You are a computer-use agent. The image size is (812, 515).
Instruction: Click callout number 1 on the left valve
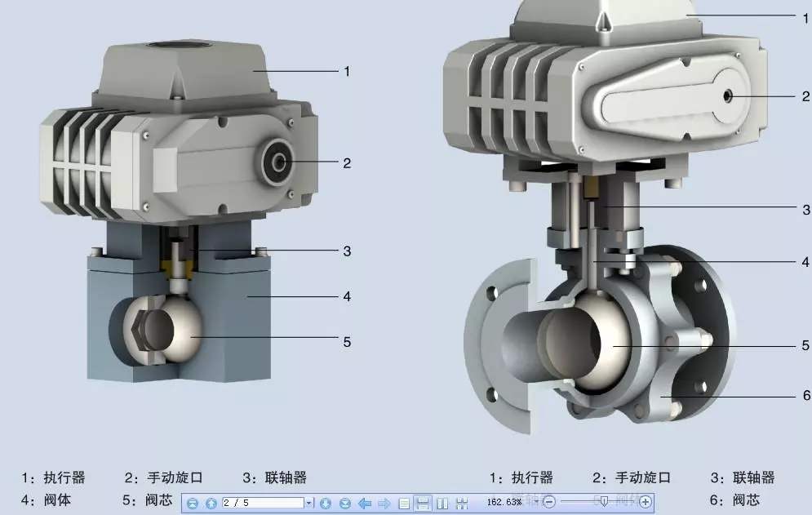[x=346, y=71]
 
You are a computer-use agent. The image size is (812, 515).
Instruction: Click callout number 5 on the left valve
[x=346, y=342]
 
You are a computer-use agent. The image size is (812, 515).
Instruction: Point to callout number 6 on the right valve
[x=806, y=395]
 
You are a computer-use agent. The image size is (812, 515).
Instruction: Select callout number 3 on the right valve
[x=806, y=209]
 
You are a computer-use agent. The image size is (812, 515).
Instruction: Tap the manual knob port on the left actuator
[x=280, y=162]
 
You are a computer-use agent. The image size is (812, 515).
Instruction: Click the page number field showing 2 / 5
[x=263, y=503]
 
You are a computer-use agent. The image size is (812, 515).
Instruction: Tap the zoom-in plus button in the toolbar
[x=646, y=502]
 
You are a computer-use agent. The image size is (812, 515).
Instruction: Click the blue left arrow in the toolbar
[x=365, y=503]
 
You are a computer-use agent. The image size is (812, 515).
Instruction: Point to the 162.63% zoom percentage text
[x=504, y=502]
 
